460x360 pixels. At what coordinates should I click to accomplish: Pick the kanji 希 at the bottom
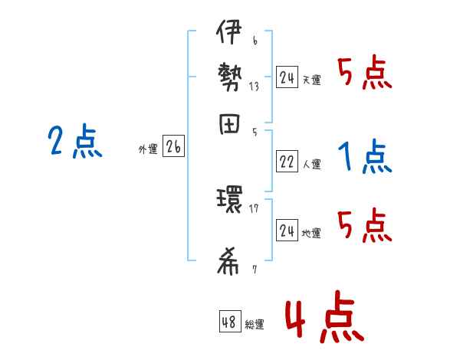click(228, 262)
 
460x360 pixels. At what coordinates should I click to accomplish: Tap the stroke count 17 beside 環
click(254, 208)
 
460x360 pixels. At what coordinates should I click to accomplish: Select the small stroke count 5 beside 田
click(254, 133)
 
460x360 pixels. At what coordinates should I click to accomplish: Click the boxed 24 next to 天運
click(287, 77)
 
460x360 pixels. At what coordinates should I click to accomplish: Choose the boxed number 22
click(287, 161)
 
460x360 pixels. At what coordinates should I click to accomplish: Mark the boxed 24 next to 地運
click(287, 231)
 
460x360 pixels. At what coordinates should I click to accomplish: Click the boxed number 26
click(173, 147)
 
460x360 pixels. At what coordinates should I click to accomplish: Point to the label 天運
click(311, 79)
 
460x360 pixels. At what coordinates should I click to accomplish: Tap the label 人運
click(311, 163)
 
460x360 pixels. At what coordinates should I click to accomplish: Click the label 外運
click(148, 149)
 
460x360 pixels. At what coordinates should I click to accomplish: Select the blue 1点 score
click(365, 157)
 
